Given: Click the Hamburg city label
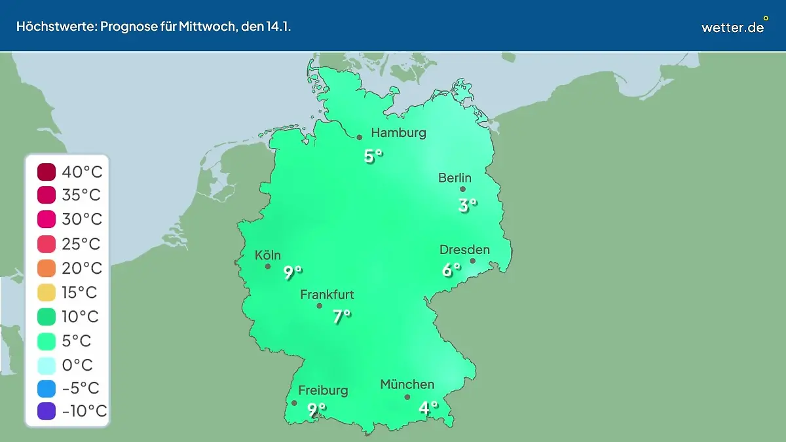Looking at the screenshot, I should [x=398, y=133].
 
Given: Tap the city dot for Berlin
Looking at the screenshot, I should [x=462, y=189].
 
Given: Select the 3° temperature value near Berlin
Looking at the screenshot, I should [x=467, y=206].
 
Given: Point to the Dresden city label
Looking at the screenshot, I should [x=464, y=250].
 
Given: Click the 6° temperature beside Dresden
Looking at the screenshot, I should [x=450, y=270].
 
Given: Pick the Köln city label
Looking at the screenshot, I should [x=268, y=255].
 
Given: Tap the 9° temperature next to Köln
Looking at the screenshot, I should [x=293, y=272].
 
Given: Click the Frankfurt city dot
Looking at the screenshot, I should [x=320, y=306].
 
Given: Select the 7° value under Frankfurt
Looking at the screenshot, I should [x=341, y=317].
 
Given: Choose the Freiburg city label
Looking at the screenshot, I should [x=323, y=391].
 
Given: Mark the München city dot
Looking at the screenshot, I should [x=407, y=397].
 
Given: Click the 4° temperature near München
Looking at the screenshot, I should [x=428, y=409].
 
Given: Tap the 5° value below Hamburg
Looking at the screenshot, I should [x=373, y=157].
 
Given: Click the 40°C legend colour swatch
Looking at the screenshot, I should [x=47, y=172].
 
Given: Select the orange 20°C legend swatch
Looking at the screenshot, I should [x=47, y=268].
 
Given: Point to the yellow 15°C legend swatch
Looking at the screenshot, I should [x=47, y=293].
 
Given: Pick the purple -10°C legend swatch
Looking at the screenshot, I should [x=47, y=411].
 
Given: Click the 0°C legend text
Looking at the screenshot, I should [x=77, y=365].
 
